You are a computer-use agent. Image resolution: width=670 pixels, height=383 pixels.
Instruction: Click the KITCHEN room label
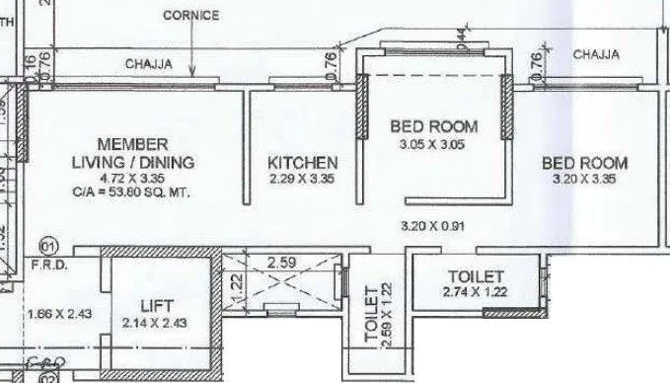tap(304, 163)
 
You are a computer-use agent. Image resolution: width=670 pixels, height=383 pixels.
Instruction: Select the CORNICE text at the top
tap(192, 17)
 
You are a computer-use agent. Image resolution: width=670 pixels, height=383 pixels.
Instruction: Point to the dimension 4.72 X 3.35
tap(131, 179)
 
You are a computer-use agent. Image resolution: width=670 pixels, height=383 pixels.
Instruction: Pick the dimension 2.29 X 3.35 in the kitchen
tap(304, 179)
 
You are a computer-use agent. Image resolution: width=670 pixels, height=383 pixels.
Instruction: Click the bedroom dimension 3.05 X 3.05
tap(433, 144)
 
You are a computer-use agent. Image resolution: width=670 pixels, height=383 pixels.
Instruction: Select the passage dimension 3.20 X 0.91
tap(432, 226)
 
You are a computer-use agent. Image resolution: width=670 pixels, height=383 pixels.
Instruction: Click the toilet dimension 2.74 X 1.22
tap(475, 293)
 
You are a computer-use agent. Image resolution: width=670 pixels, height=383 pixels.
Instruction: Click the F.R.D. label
tap(46, 265)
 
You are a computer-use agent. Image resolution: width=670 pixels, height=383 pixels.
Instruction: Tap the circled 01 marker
tap(44, 244)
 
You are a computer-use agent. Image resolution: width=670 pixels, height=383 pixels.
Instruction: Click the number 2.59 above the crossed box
tap(282, 264)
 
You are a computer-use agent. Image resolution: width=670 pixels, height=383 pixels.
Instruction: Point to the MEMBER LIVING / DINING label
tap(131, 153)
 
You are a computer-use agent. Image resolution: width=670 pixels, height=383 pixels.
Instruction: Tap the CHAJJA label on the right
tap(596, 55)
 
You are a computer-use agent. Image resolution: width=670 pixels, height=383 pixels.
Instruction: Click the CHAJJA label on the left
tap(148, 64)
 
